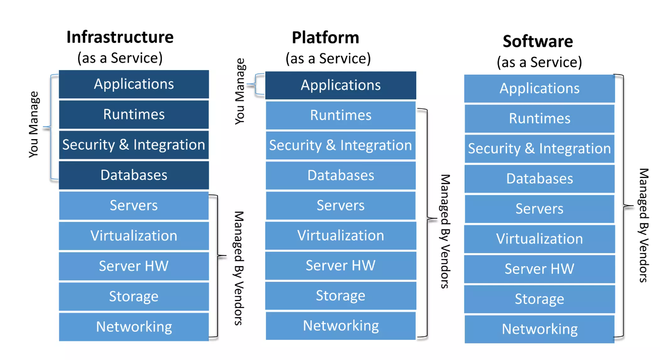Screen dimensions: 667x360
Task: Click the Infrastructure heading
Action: tap(120, 37)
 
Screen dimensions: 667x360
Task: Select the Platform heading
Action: tap(325, 37)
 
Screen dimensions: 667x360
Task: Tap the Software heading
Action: tap(538, 41)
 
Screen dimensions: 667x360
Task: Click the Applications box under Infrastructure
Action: tap(134, 84)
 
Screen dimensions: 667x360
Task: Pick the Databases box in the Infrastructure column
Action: tap(134, 175)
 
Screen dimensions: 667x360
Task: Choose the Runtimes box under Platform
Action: tap(341, 115)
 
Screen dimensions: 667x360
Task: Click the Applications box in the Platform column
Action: tap(341, 85)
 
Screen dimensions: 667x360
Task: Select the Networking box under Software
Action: tap(539, 329)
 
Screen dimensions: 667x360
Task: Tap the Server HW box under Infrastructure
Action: tap(134, 266)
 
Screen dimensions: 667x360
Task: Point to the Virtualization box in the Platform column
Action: tap(341, 235)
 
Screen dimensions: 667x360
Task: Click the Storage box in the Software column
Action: tap(539, 299)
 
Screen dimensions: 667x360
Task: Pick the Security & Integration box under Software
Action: tap(539, 149)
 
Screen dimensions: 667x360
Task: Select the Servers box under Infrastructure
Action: tap(134, 206)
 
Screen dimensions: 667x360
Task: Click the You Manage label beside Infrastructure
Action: tap(34, 125)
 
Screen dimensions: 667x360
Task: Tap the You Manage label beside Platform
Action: tap(240, 91)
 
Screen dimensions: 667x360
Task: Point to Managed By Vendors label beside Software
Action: tap(644, 225)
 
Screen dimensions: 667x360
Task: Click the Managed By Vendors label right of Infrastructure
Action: tap(239, 268)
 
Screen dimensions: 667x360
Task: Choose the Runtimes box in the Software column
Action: tap(539, 118)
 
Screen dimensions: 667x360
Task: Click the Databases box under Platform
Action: tap(341, 175)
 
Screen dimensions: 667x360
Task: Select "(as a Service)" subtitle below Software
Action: tap(539, 63)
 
